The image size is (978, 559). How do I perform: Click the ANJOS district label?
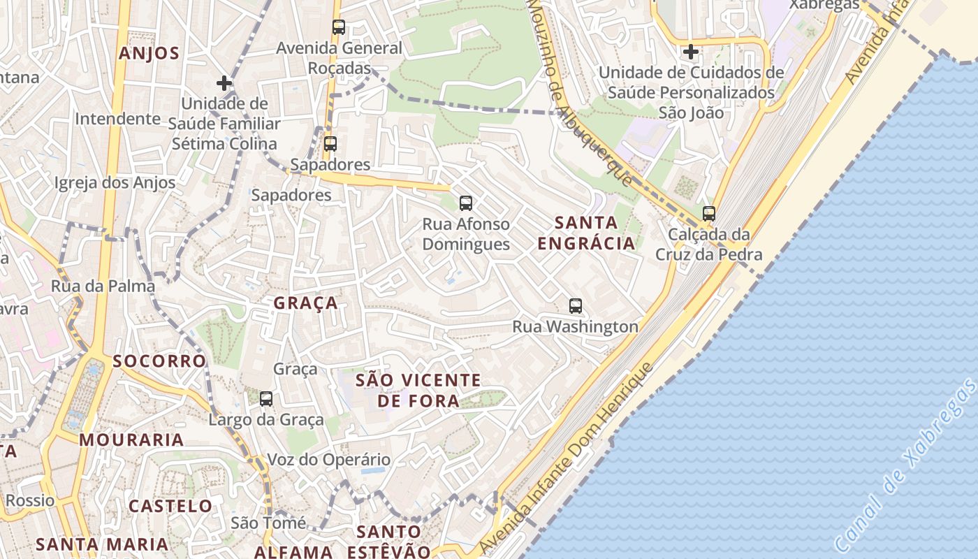[149, 53]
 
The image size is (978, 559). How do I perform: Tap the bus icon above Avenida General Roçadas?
[339, 27]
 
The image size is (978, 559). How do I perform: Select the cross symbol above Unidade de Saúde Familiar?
[224, 83]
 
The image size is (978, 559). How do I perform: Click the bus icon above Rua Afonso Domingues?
[466, 203]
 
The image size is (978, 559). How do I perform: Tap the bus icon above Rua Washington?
[576, 305]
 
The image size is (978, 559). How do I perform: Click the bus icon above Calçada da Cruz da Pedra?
[709, 214]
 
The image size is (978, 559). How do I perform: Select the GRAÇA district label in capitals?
[306, 303]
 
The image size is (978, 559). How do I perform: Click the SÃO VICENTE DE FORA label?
[418, 390]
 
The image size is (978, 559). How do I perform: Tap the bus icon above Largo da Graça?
[266, 399]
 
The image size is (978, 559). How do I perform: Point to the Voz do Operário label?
[329, 460]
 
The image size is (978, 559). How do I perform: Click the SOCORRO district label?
[159, 361]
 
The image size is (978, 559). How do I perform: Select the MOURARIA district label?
[131, 440]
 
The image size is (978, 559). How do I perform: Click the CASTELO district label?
[170, 505]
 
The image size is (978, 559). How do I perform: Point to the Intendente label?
[117, 118]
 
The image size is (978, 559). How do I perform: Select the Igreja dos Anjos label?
[115, 182]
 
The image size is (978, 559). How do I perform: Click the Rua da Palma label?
[103, 286]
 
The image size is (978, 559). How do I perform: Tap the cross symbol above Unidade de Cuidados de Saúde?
[691, 52]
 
